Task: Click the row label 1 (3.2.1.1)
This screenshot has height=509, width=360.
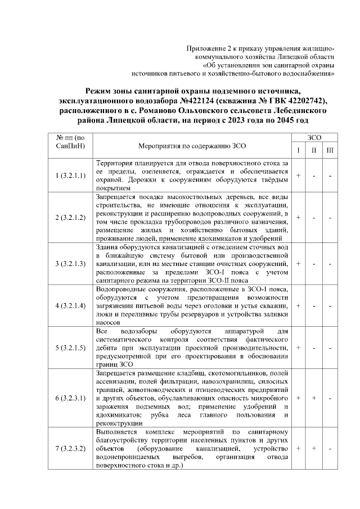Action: pos(71,175)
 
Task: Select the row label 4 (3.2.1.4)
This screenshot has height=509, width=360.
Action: pos(71,305)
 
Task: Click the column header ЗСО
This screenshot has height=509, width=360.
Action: pos(314,137)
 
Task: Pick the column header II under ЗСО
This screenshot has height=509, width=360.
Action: pos(314,149)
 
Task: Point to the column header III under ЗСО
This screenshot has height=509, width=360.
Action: pos(330,149)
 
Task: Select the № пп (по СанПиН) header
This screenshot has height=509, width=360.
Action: pos(71,141)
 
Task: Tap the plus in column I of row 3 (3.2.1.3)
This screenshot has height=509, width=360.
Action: pos(298,263)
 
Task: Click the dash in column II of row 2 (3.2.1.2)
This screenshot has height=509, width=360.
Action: pos(314,218)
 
